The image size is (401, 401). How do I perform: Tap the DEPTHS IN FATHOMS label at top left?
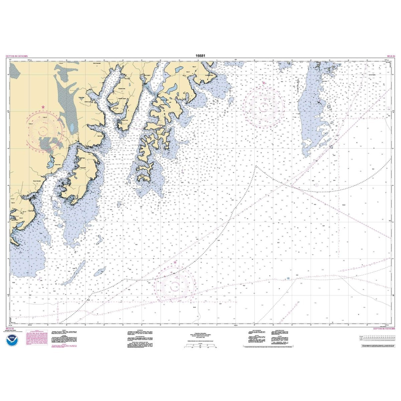(17, 56)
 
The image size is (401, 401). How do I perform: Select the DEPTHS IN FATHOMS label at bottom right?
(384, 329)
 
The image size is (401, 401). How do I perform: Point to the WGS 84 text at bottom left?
(10, 329)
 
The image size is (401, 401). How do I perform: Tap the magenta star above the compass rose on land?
(43, 107)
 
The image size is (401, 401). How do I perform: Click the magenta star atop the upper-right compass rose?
(264, 83)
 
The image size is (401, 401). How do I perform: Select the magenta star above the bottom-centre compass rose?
(175, 262)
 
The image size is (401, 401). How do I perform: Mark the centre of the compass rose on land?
(43, 129)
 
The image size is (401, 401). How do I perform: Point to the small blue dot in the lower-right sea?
(288, 278)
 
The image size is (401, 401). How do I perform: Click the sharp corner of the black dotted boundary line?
(256, 166)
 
